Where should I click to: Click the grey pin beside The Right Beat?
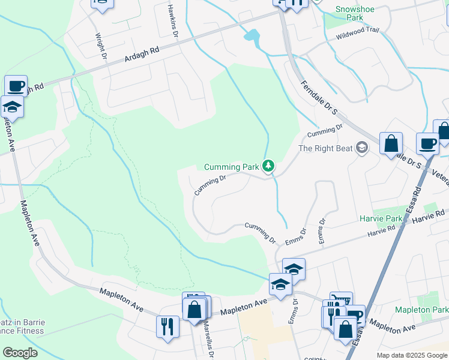[361, 147]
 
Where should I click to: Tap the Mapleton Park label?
[421, 310]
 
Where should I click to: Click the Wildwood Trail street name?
[358, 37]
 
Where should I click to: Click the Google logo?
[20, 353]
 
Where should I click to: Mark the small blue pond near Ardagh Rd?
[253, 37]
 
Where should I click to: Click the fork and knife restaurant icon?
[166, 326]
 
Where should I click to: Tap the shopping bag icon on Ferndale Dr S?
[391, 143]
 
